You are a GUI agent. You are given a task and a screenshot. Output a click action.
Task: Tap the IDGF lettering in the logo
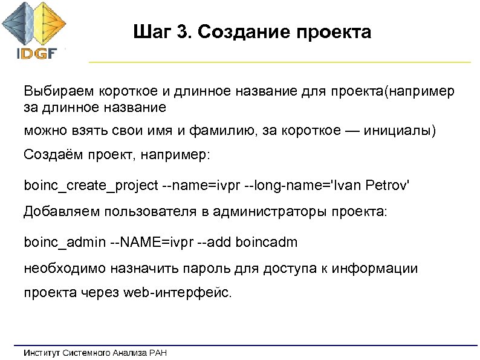pyautogui.click(x=36, y=53)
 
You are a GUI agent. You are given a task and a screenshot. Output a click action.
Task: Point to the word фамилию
pyautogui.click(x=223, y=131)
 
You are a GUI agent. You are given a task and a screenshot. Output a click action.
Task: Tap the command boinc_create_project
pyautogui.click(x=90, y=184)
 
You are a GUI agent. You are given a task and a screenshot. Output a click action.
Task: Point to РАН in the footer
pyautogui.click(x=157, y=352)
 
